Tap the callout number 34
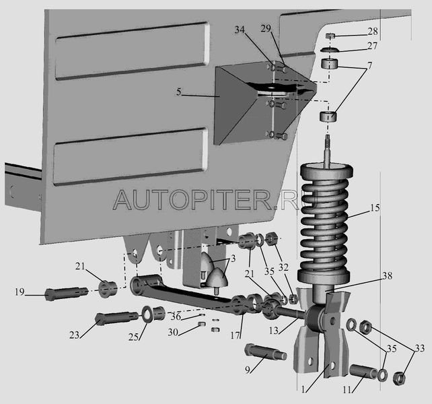coord(241,30)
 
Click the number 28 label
coord(373,32)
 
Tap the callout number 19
coord(19,292)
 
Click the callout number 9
coord(246,369)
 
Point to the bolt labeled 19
coord(64,294)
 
